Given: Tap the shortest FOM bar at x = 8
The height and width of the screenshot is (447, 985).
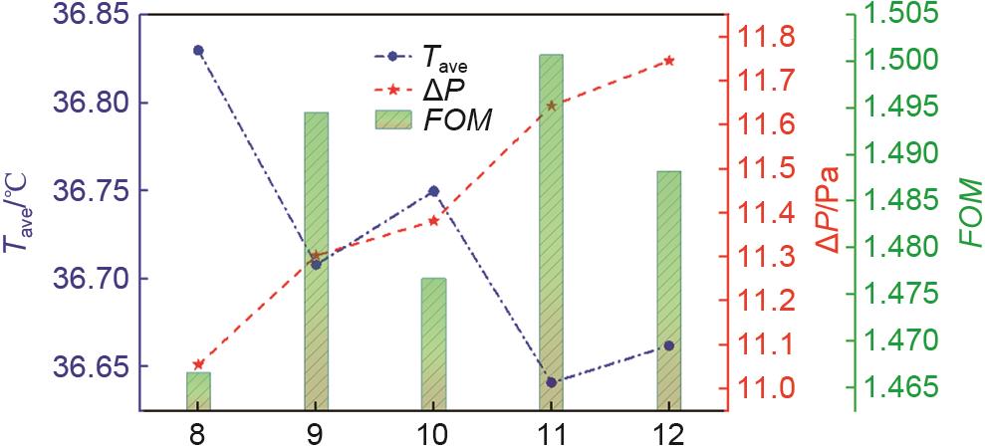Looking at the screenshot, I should (198, 390).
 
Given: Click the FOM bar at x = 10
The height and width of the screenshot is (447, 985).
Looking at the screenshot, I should (433, 343).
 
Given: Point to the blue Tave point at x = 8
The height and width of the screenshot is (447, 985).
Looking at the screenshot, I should (198, 50).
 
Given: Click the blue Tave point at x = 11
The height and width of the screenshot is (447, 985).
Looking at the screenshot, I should (551, 382).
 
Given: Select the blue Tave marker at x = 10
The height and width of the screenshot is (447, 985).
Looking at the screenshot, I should (433, 190).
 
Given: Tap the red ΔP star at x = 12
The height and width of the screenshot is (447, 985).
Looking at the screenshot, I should (669, 61).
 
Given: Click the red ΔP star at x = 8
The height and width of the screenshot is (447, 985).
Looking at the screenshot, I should (198, 364).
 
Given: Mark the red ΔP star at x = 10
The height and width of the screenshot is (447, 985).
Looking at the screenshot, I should (433, 220).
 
